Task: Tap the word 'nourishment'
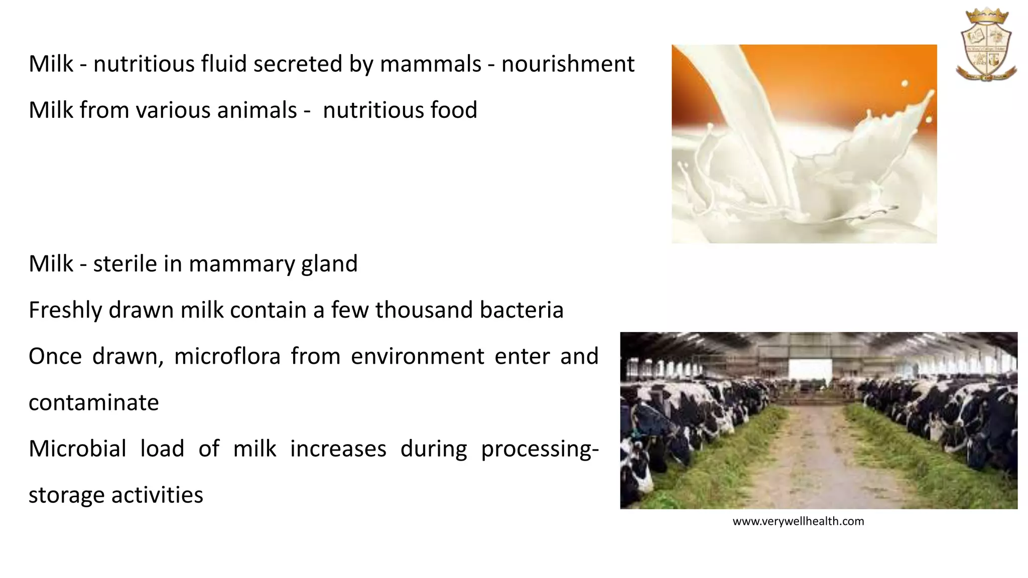click(568, 64)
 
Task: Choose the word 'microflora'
click(227, 356)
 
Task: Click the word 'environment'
click(417, 356)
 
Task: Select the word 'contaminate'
click(94, 402)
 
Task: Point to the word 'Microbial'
click(77, 449)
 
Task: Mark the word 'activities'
click(157, 495)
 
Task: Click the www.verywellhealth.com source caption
click(798, 521)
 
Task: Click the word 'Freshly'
click(65, 310)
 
